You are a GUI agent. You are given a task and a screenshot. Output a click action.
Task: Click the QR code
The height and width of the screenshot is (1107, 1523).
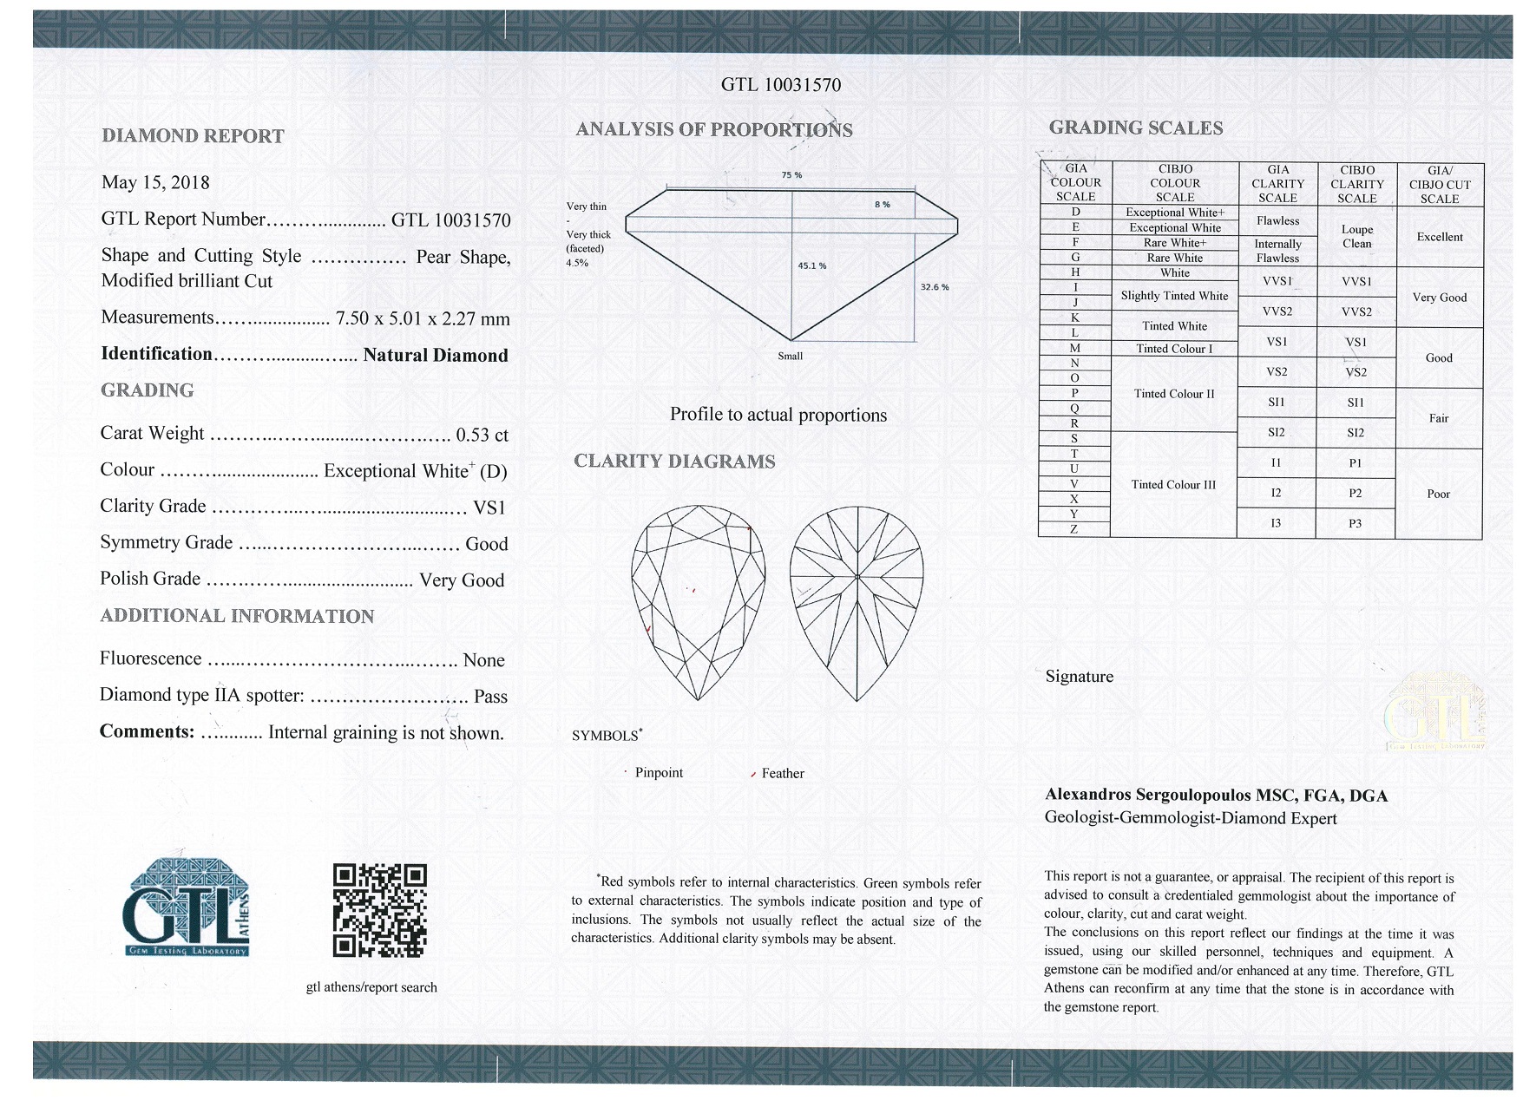tap(379, 910)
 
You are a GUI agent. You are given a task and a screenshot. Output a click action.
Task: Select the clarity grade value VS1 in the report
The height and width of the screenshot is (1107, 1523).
tap(489, 508)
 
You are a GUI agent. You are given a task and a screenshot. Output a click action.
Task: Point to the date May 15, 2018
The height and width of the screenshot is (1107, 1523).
tap(155, 182)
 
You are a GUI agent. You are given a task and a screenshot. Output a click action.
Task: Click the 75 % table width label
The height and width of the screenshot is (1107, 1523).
tap(791, 175)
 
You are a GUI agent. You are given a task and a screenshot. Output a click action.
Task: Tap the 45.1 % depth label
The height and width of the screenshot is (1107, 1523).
tap(811, 265)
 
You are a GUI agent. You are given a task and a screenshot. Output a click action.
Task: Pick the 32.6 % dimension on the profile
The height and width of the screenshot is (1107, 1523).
tap(935, 286)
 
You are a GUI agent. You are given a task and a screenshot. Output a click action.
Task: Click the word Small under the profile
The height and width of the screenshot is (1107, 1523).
tap(790, 356)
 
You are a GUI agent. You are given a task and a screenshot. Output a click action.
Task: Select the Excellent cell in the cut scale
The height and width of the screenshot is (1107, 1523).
tap(1439, 237)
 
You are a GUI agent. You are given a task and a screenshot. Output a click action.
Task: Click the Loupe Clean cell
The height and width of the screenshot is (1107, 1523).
tap(1356, 236)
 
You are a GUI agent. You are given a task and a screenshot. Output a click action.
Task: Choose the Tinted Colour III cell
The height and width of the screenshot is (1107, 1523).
tap(1173, 485)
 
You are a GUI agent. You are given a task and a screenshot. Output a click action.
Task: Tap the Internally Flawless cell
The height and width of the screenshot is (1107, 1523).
tap(1277, 251)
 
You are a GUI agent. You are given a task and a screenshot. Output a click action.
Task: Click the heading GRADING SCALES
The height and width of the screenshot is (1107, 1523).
tap(1135, 128)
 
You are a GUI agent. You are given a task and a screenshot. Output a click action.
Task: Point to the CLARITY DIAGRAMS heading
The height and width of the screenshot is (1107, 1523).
tap(674, 462)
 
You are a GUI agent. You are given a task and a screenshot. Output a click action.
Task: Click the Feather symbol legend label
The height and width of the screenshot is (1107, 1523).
tap(782, 774)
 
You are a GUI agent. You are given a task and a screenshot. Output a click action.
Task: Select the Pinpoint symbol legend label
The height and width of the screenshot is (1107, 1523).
tap(659, 773)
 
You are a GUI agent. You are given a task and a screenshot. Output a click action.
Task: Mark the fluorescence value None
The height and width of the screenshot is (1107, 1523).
tap(483, 661)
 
